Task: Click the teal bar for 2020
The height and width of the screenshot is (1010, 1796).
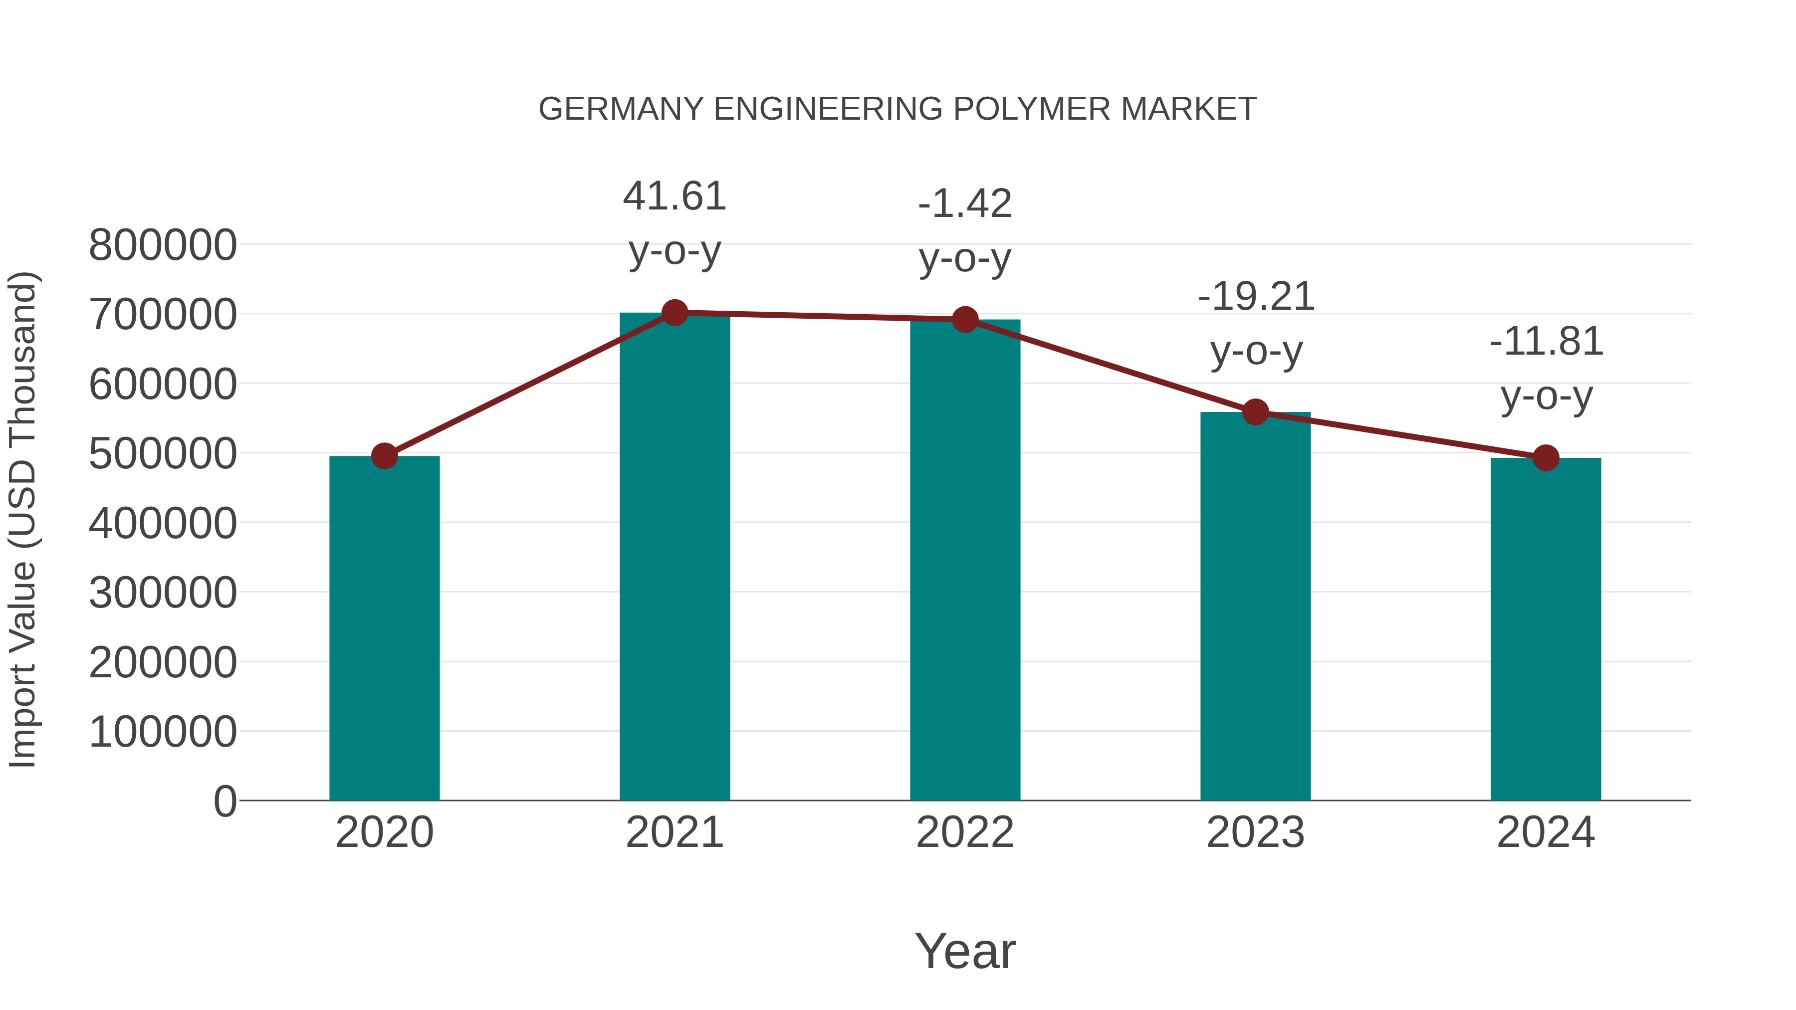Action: [x=384, y=627]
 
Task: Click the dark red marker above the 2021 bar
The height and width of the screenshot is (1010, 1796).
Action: [x=674, y=313]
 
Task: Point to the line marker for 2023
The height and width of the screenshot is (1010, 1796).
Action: [x=1255, y=412]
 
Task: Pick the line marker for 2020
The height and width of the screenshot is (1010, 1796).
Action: [x=384, y=456]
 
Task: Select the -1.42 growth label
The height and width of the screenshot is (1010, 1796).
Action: [x=965, y=231]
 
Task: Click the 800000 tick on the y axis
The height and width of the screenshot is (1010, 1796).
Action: [x=163, y=245]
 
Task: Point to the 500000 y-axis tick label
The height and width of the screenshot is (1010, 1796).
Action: [x=163, y=454]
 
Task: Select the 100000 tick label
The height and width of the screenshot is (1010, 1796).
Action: [x=163, y=732]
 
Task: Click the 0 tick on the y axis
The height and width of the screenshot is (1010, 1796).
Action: [x=224, y=801]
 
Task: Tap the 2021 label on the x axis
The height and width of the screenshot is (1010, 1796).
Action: [x=674, y=832]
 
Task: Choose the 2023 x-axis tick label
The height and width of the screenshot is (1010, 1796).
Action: [x=1255, y=832]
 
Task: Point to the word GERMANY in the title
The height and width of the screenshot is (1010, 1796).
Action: [x=621, y=109]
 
